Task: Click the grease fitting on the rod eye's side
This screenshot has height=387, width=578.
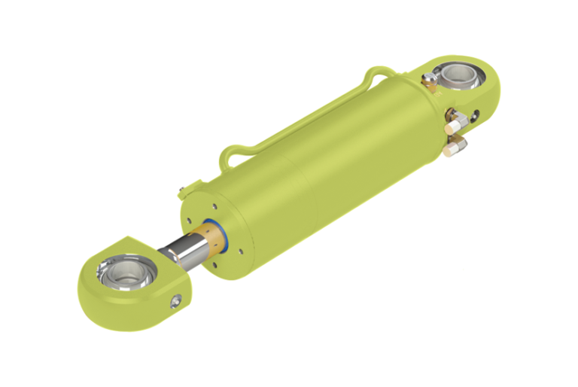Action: (177, 300)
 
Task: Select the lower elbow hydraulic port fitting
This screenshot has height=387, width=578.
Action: (456, 145)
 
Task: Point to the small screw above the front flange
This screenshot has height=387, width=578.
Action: (181, 188)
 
